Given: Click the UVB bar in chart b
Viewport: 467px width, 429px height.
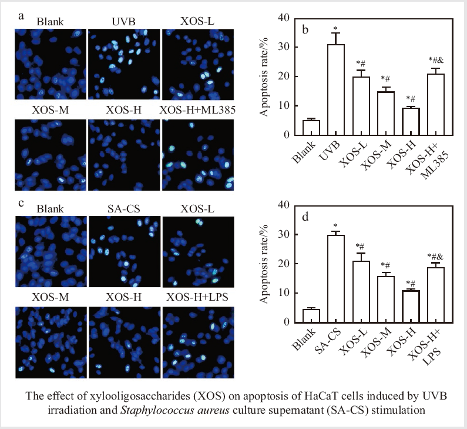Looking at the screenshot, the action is pos(336,90).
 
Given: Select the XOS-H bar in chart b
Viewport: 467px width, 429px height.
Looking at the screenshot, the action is pos(411,122).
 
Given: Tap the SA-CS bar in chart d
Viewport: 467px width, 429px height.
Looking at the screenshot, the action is pos(336,279).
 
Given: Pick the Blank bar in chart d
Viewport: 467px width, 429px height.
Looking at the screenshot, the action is pos(311,316).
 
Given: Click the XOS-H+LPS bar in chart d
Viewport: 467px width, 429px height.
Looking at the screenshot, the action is pos(436,295).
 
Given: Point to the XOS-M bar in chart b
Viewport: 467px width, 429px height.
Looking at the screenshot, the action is pos(386,114).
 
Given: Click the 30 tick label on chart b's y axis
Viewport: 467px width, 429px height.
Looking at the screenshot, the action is pos(284,47).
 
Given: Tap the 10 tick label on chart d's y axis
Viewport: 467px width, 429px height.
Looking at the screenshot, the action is pos(284,293).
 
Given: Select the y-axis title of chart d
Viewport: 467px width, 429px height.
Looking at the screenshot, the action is pos(264,264).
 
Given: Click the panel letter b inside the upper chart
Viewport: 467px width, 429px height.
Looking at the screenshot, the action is pos(305,30).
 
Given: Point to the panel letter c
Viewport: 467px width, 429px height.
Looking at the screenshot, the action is pos(21,204).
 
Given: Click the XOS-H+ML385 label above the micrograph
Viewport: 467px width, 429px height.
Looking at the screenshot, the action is pos(197,110).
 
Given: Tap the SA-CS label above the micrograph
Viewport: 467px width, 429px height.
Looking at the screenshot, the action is pos(123,209).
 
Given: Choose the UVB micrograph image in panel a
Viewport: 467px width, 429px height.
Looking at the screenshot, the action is pos(124,64).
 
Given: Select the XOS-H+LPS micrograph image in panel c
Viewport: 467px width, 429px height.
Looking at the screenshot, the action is pos(198,342).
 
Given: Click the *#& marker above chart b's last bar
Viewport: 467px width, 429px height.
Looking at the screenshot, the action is pos(436,60).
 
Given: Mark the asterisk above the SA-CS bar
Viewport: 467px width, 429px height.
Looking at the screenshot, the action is pos(335,226).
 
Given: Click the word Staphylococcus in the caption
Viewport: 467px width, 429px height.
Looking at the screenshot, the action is pos(175,410).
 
